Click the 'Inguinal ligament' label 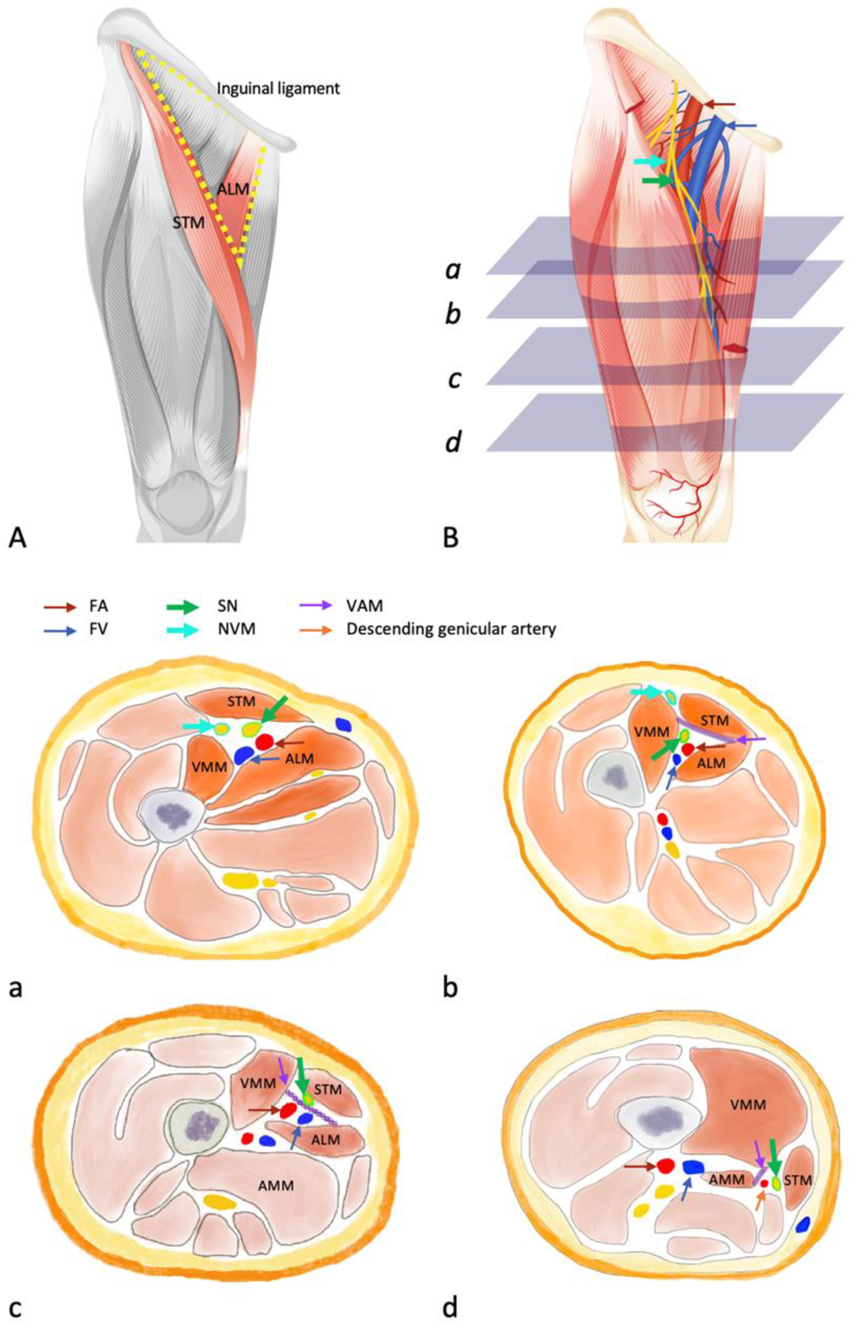pyautogui.click(x=278, y=88)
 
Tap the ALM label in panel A pyautogui.click(x=233, y=189)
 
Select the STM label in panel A pyautogui.click(x=188, y=223)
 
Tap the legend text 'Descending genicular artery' pyautogui.click(x=451, y=629)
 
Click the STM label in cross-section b pyautogui.click(x=714, y=721)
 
